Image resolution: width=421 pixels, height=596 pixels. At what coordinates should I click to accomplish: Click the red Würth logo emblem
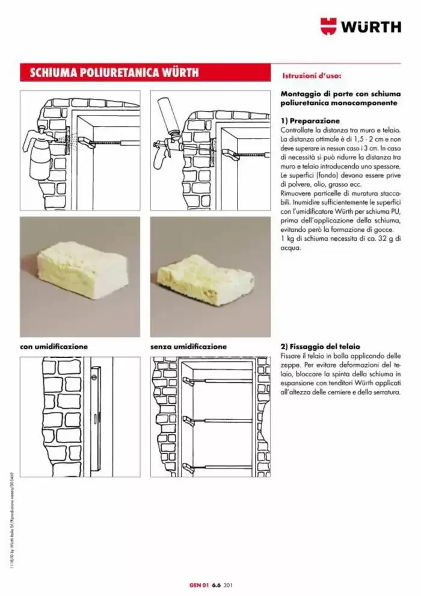tap(329, 26)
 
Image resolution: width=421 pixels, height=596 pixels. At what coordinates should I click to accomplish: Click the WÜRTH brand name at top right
tap(372, 26)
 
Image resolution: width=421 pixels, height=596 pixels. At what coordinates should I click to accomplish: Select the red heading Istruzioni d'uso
tap(312, 77)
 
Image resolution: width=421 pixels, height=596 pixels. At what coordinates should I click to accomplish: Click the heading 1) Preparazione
tap(310, 120)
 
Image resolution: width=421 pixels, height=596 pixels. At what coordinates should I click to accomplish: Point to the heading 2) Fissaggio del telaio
tap(320, 347)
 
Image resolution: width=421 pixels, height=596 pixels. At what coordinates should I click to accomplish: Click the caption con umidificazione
tap(54, 347)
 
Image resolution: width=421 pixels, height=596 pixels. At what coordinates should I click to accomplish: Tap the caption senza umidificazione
tap(188, 347)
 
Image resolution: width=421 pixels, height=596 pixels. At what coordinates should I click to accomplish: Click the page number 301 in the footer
tap(227, 583)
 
